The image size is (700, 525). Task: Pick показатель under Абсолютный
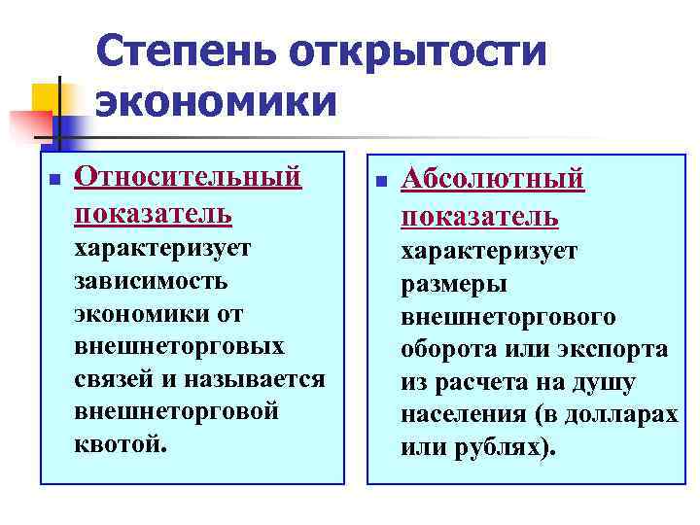click(479, 214)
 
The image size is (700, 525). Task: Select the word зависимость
click(151, 281)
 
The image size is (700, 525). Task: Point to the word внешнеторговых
click(179, 346)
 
